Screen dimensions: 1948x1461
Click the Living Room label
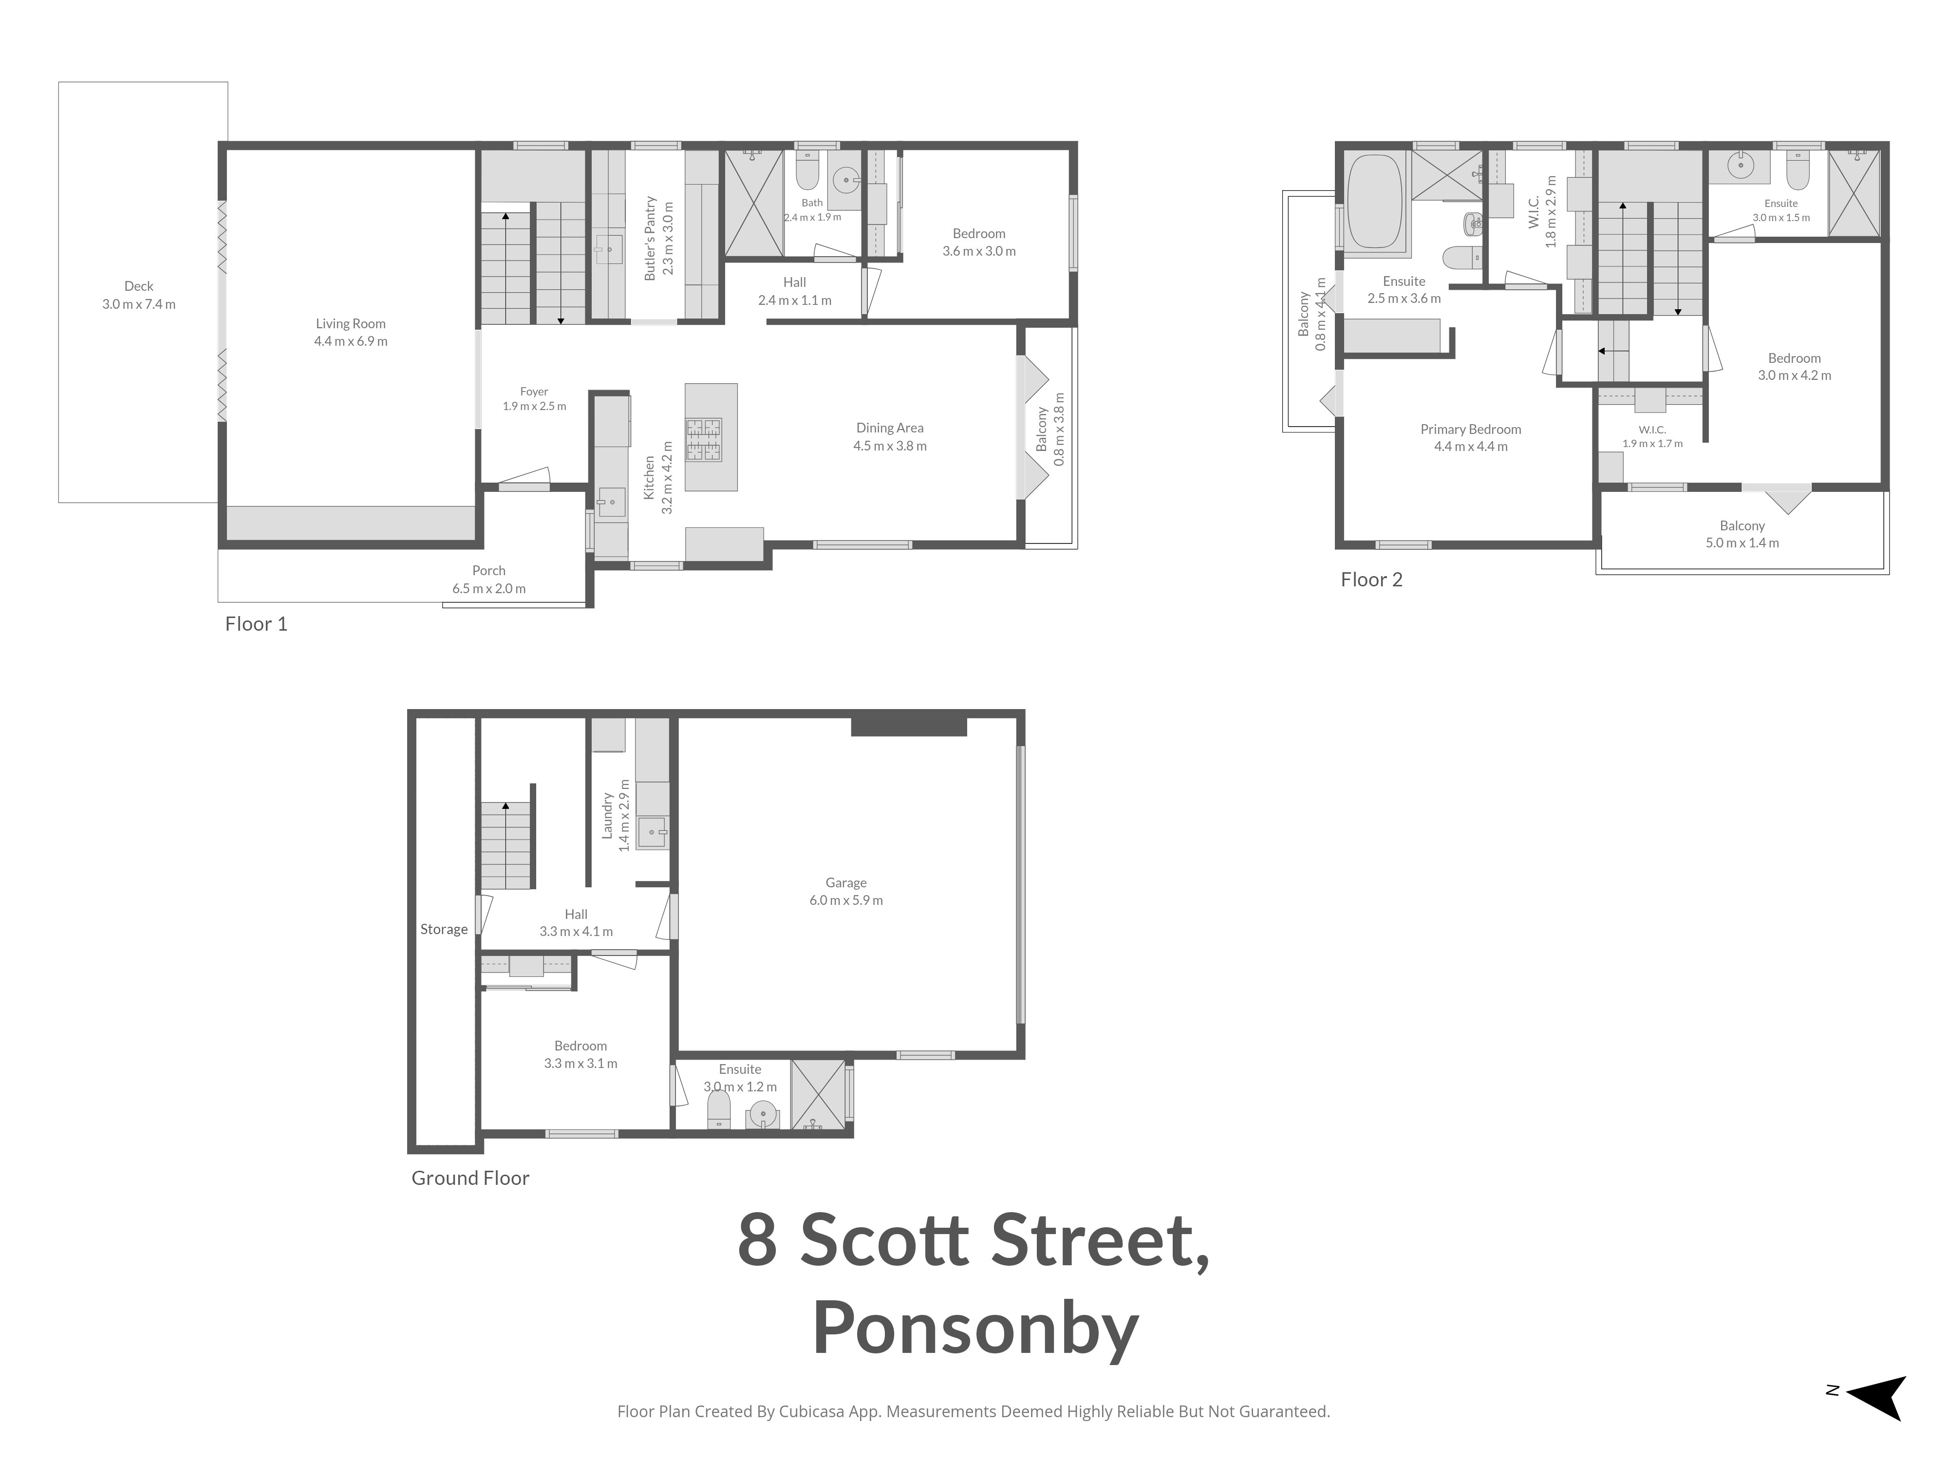tap(351, 324)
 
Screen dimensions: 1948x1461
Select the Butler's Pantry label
tap(651, 238)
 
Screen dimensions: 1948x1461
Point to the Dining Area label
tap(889, 428)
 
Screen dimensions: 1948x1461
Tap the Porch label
tap(489, 571)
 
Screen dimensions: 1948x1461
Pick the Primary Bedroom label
tap(1471, 430)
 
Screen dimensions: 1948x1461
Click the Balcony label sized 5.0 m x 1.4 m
tap(1742, 526)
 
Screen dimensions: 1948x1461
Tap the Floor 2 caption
tap(1371, 580)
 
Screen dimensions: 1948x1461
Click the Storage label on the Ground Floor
tap(444, 929)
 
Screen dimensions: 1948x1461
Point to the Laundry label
tap(607, 816)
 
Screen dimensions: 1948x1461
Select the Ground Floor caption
tap(470, 1179)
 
